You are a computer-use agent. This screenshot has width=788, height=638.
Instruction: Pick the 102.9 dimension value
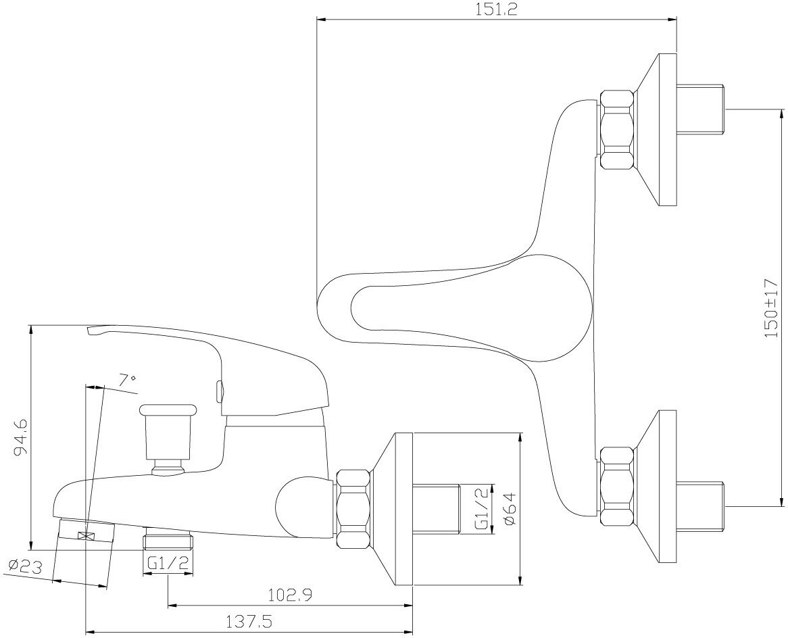point(289,595)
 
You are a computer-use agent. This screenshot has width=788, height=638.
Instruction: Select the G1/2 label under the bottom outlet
point(167,562)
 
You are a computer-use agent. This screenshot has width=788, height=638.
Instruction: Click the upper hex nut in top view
point(618,129)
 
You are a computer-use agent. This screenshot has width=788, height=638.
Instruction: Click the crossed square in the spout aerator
point(86,536)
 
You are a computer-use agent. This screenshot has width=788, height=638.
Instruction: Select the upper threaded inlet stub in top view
point(700,110)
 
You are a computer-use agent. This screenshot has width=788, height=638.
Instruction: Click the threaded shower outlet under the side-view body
point(168,541)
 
